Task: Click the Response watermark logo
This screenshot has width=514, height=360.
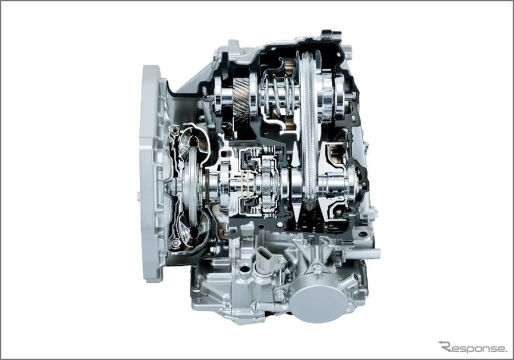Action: [x=473, y=347]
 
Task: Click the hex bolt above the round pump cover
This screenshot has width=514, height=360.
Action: [x=316, y=270]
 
